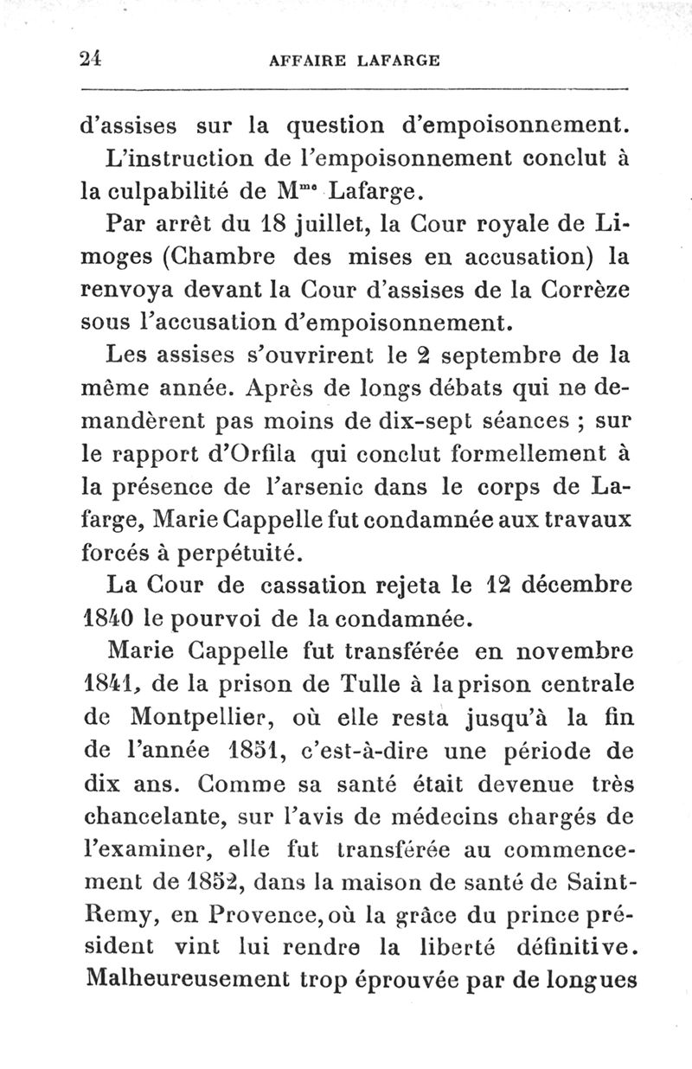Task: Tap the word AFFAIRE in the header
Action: (x=305, y=61)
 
